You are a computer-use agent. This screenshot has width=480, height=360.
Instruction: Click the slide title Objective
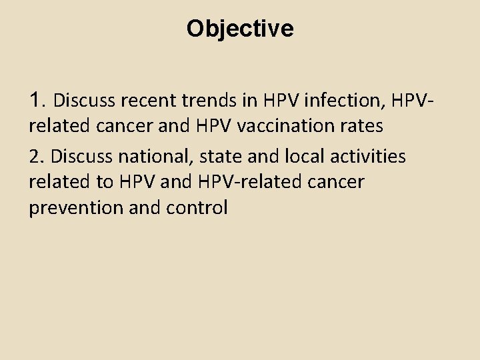(x=240, y=29)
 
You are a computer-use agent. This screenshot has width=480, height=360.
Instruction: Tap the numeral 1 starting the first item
(x=36, y=100)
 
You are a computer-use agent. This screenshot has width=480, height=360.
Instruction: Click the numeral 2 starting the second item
(x=35, y=156)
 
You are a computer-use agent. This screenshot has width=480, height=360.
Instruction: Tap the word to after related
(x=106, y=182)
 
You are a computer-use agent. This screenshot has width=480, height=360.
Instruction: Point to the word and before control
(x=148, y=208)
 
